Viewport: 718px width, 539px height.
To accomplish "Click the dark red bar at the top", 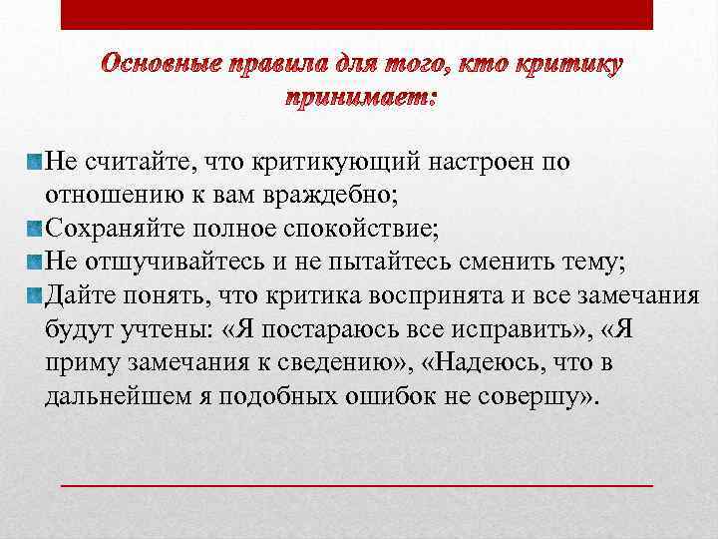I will click(x=357, y=14).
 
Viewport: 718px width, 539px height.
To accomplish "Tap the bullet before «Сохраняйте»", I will click(x=36, y=229).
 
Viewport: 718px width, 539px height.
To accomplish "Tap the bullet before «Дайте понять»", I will click(x=36, y=295).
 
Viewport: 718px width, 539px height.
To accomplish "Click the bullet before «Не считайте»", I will click(x=36, y=161).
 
